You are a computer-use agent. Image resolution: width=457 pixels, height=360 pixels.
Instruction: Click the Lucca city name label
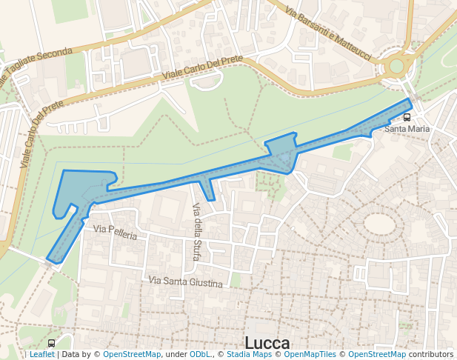(x=267, y=343)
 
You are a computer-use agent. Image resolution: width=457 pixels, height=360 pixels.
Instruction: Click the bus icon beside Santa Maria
(x=407, y=118)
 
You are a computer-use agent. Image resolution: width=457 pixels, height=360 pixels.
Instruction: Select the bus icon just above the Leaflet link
(x=51, y=344)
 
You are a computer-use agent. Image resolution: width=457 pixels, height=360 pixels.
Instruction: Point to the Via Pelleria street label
(x=115, y=234)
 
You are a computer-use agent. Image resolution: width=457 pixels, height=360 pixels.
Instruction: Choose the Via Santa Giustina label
(x=185, y=281)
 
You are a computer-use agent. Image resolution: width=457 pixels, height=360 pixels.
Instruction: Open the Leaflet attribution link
(x=41, y=355)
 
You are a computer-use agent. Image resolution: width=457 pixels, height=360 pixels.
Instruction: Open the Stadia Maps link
(x=249, y=355)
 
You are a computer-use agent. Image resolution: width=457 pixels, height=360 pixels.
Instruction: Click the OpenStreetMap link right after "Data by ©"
(x=132, y=355)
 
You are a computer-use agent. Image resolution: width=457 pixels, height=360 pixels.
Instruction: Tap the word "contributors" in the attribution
(x=431, y=355)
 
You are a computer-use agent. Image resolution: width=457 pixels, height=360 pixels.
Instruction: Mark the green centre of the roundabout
(x=396, y=66)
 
